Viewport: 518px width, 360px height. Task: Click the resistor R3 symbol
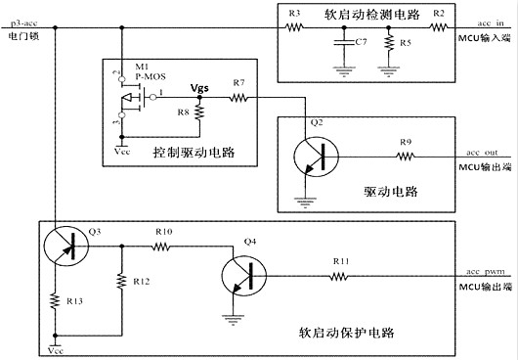(x=292, y=28)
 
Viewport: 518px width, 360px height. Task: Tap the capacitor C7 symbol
(x=341, y=43)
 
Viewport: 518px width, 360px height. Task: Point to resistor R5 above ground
(x=389, y=45)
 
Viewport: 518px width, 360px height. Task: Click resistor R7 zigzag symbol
(x=238, y=98)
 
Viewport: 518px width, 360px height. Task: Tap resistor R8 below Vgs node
(x=199, y=113)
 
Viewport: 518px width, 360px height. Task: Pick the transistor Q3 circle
(x=66, y=247)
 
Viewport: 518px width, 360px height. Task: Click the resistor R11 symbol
(x=339, y=277)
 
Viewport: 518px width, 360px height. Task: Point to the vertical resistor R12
(x=120, y=282)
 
